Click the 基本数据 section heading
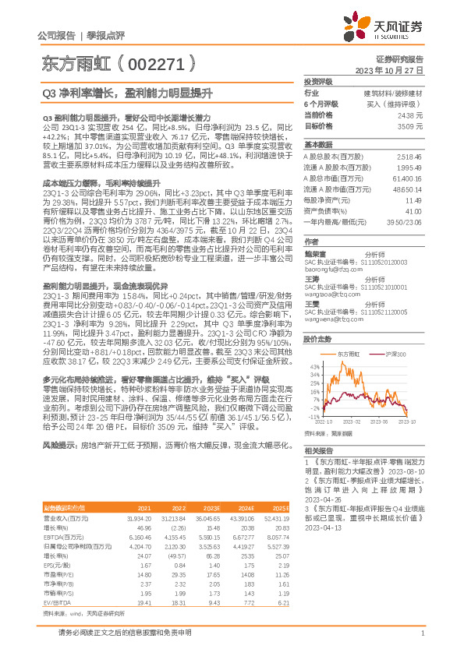click(317, 145)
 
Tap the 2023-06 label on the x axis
click(378, 421)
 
